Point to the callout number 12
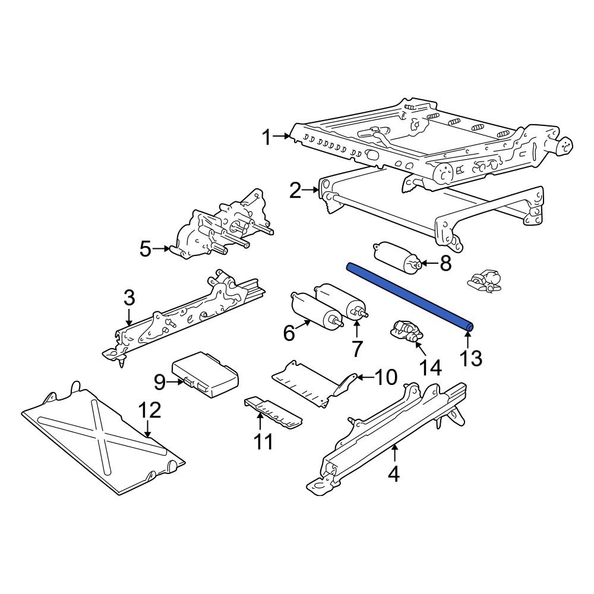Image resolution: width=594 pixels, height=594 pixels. (149, 410)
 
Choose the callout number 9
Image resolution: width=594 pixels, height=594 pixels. (159, 383)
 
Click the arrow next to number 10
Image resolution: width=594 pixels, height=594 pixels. (363, 376)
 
